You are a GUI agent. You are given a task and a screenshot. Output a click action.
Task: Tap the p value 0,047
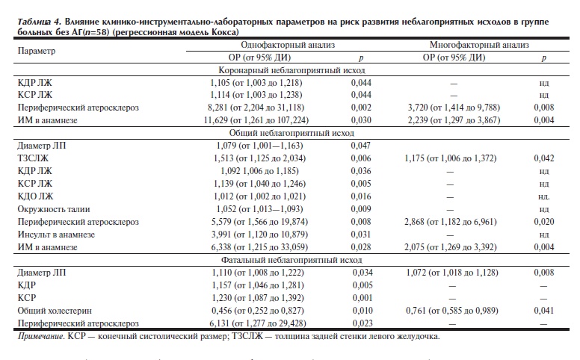click(x=362, y=146)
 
